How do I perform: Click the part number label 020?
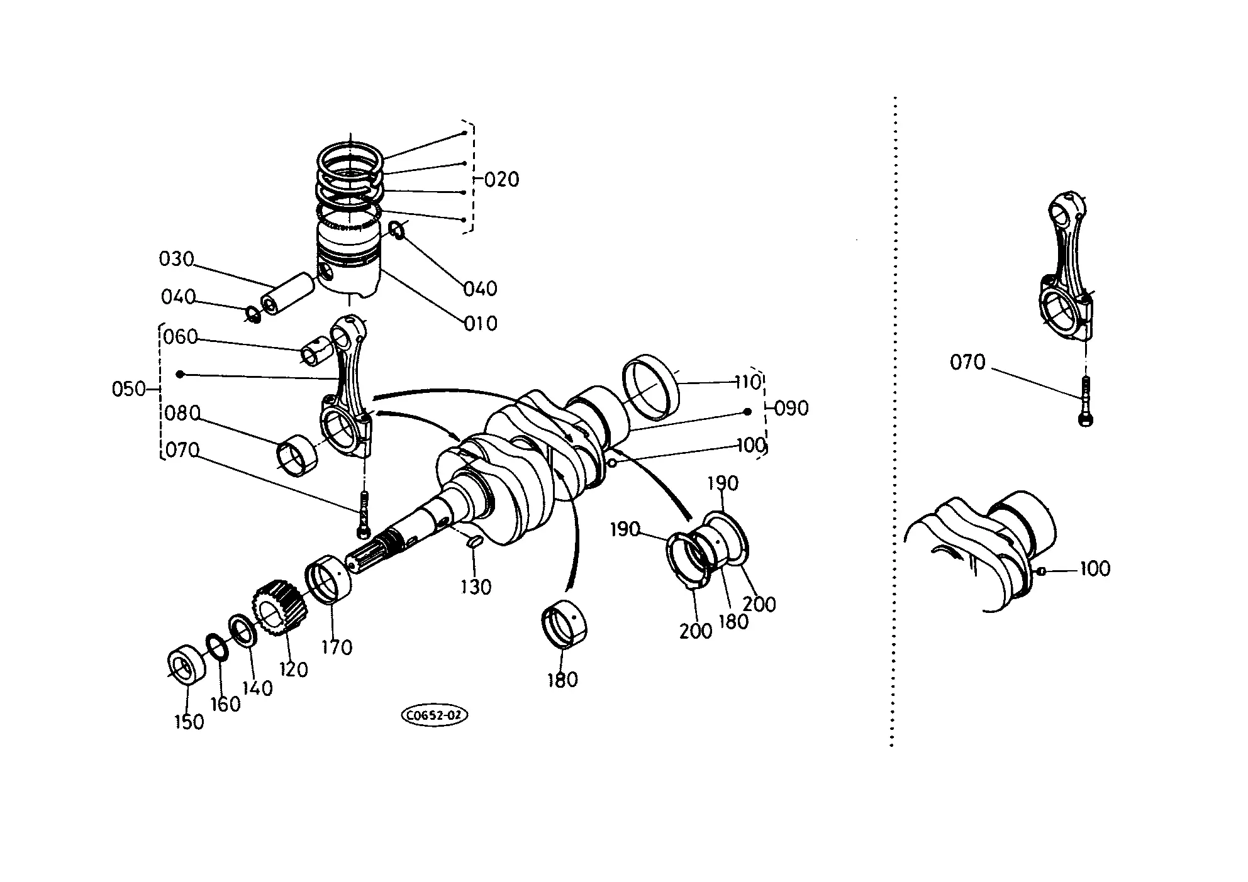pyautogui.click(x=502, y=180)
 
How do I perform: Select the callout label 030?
pyautogui.click(x=176, y=259)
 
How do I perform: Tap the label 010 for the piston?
pyautogui.click(x=481, y=324)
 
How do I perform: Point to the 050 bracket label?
pyautogui.click(x=129, y=389)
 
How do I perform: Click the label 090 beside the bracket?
pyautogui.click(x=791, y=409)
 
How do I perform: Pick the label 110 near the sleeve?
pyautogui.click(x=749, y=382)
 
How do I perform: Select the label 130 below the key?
pyautogui.click(x=476, y=587)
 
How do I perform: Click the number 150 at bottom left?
pyautogui.click(x=189, y=722)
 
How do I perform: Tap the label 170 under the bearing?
pyautogui.click(x=337, y=648)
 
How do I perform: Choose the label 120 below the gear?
pyautogui.click(x=293, y=670)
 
